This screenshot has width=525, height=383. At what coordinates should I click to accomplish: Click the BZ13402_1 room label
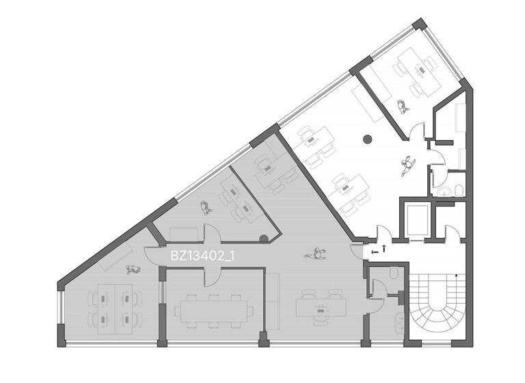(203, 256)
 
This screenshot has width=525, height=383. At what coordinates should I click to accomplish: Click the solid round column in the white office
(367, 140)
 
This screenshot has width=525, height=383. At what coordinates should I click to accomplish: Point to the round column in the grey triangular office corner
(264, 239)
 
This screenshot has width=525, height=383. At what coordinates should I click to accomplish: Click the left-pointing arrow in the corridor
(373, 252)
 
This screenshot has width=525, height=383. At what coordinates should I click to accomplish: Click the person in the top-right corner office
(403, 106)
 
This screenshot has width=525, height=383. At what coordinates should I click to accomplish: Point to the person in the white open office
(408, 165)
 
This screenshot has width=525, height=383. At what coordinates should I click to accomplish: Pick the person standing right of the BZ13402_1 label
(316, 254)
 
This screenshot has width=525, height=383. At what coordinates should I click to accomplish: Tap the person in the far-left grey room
(131, 269)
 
